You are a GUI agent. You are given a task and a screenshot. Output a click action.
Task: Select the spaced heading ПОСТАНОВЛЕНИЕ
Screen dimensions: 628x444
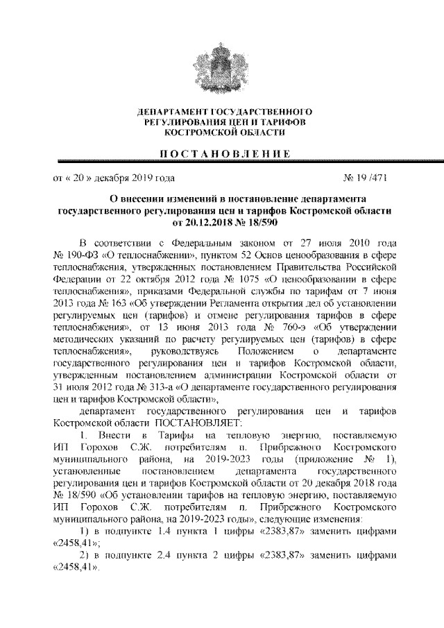coord(223,153)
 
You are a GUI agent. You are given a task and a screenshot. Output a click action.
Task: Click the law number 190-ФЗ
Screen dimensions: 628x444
coord(80,255)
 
